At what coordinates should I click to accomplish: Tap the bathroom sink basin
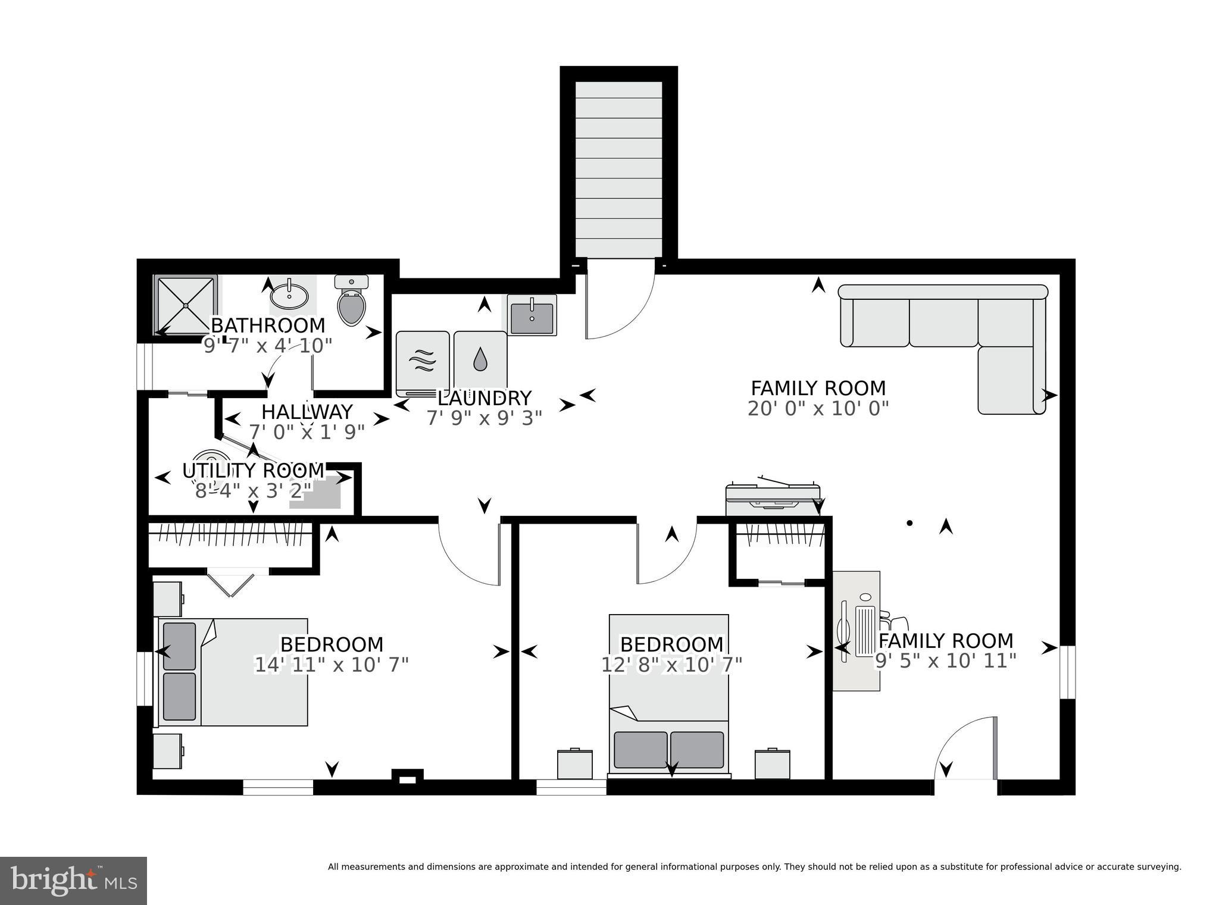click(x=289, y=295)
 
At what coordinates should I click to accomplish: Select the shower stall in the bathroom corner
click(x=185, y=305)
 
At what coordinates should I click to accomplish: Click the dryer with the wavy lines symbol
click(x=423, y=362)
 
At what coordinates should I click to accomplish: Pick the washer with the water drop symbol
click(x=480, y=362)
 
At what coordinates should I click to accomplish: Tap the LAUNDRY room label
click(x=484, y=397)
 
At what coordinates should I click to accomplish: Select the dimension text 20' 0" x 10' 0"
click(x=818, y=409)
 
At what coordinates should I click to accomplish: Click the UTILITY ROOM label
click(x=253, y=471)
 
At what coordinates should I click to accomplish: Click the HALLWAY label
click(x=307, y=412)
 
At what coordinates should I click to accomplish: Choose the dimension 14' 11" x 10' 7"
click(x=332, y=665)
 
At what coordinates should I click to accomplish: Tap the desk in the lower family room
click(x=855, y=631)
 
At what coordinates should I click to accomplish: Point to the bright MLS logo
click(x=73, y=880)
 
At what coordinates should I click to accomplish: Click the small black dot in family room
click(x=909, y=524)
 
